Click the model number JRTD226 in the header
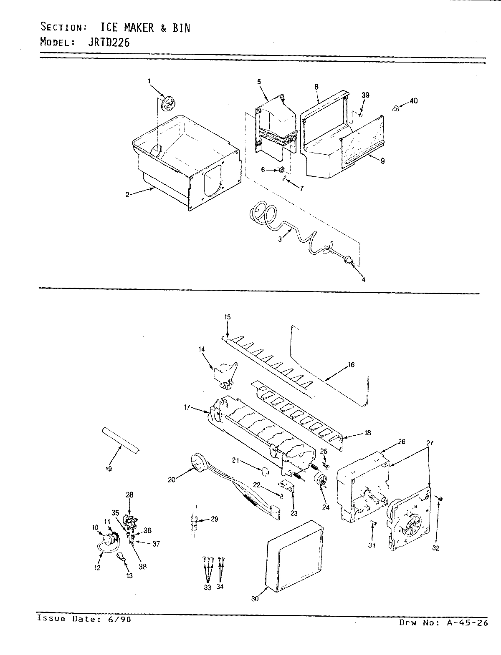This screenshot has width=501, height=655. pyautogui.click(x=109, y=42)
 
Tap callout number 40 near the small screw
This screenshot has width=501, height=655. pyautogui.click(x=413, y=101)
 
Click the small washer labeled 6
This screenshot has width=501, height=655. pyautogui.click(x=282, y=170)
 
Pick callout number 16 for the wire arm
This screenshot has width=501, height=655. pyautogui.click(x=351, y=365)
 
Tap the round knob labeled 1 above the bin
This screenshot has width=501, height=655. pyautogui.click(x=168, y=103)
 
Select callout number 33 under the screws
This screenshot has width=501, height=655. pyautogui.click(x=207, y=587)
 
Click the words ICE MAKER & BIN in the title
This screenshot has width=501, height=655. pyautogui.click(x=145, y=28)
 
